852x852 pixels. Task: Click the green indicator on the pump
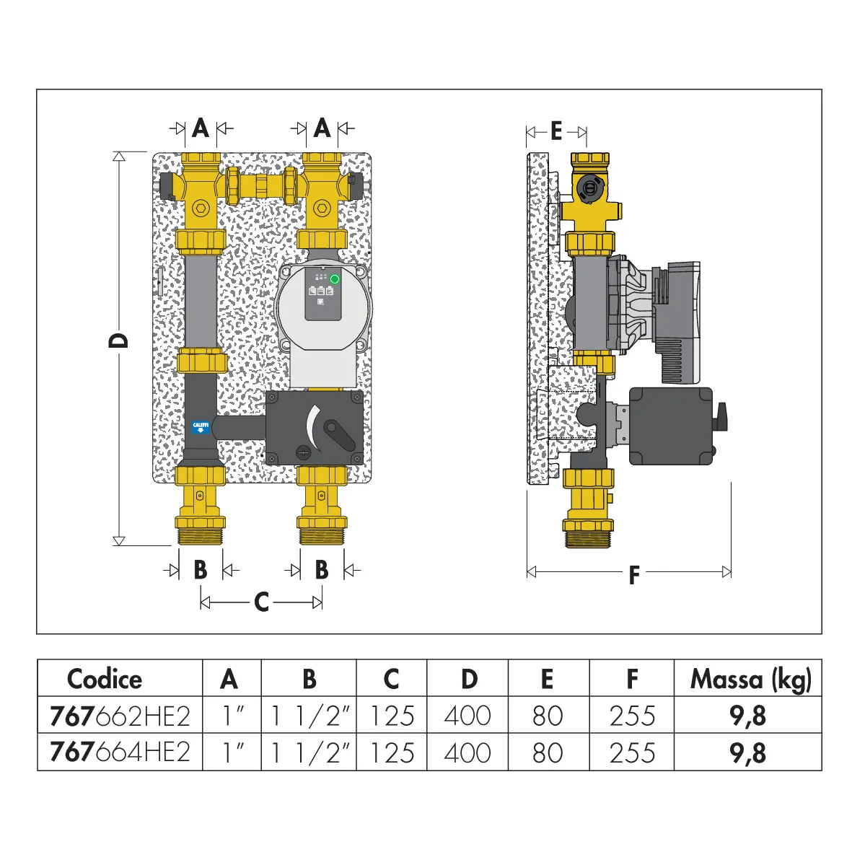point(335,279)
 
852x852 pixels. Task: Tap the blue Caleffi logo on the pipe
point(201,427)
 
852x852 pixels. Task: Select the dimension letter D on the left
point(118,341)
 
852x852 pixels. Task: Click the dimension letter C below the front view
point(261,602)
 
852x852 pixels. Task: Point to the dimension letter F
point(633,575)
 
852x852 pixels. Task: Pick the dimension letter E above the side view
point(556,131)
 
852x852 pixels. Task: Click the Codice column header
point(105,679)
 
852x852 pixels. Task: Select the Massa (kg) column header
point(751,679)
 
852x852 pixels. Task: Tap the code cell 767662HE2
point(120,716)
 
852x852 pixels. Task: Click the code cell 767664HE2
point(120,752)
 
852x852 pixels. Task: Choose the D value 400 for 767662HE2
point(467,716)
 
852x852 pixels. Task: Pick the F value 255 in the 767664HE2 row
point(632,752)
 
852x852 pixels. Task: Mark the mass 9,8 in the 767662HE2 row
point(747,716)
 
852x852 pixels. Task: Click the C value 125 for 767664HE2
point(392,752)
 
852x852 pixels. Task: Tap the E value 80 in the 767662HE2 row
point(548,716)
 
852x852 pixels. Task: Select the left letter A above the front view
point(201,129)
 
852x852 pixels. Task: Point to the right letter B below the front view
point(322,570)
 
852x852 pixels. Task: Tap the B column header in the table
point(309,679)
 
